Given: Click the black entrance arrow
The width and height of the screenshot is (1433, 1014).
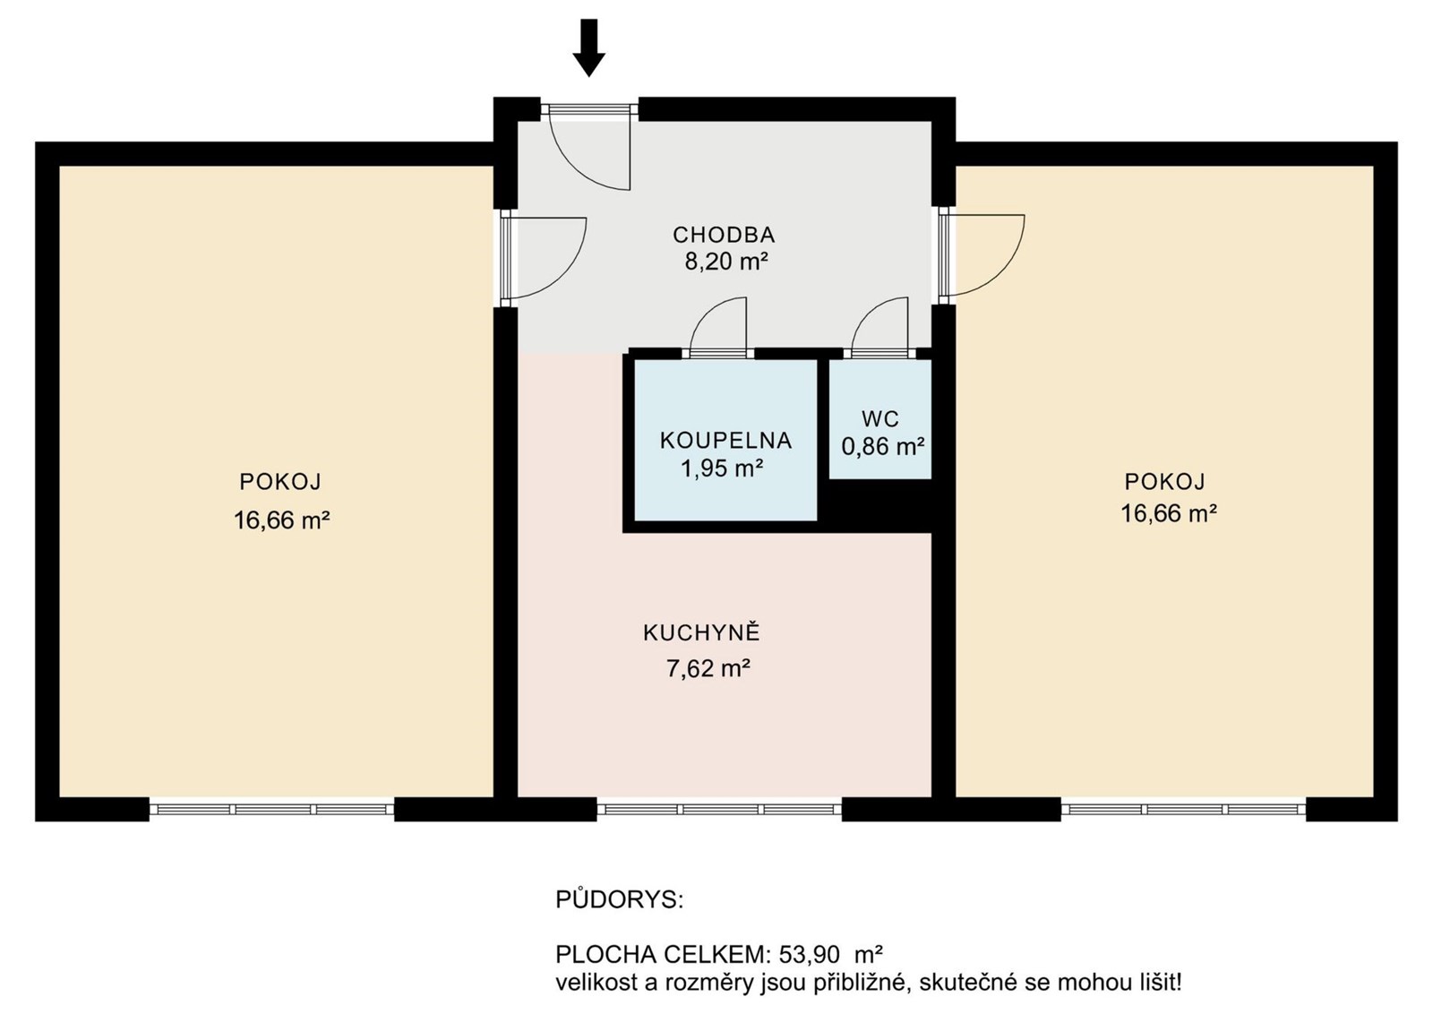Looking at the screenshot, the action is (588, 47).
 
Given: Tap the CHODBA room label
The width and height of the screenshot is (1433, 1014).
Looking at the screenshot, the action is (724, 236).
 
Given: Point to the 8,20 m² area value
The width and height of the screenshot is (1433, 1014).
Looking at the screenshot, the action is (726, 262).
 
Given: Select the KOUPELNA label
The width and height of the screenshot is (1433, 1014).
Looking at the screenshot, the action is (725, 441).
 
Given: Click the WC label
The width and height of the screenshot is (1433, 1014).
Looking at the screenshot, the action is (880, 419).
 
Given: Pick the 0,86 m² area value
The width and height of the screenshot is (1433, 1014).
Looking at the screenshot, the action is (883, 447).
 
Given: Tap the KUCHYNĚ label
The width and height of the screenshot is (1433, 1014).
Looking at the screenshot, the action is (701, 632).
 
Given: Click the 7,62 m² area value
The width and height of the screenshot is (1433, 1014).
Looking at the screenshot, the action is (708, 669).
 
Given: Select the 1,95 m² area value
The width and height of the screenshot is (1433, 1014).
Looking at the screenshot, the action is (722, 469).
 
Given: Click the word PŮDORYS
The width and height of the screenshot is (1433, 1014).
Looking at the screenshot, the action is (619, 899).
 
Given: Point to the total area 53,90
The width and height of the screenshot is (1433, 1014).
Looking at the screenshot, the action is (808, 955).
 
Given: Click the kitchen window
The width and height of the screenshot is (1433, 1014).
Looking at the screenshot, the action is (719, 809).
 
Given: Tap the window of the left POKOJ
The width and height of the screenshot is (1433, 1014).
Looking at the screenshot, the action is (272, 809).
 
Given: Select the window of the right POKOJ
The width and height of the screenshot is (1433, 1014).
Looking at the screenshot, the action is (1183, 809).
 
